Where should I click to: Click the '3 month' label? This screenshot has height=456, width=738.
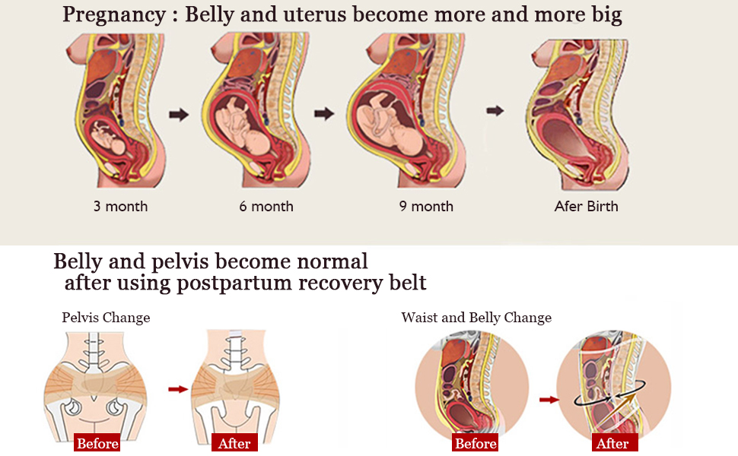120,206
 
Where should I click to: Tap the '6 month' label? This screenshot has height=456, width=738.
266,206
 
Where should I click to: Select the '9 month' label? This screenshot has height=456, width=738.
426,206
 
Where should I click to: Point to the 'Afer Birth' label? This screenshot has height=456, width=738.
586,206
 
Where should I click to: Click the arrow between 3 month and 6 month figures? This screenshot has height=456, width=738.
179,115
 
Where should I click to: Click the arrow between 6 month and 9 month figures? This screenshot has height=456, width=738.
324,114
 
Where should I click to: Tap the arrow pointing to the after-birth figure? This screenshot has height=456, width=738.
495,111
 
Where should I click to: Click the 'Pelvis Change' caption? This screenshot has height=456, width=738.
106,318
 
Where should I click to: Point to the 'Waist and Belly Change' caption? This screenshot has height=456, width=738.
476,318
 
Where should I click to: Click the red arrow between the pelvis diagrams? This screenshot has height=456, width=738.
177,389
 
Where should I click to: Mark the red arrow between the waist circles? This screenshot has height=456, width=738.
547,398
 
